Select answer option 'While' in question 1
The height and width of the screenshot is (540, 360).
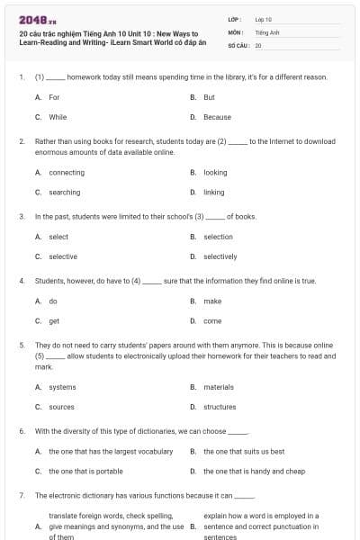58,117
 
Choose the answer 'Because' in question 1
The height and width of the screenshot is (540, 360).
217,117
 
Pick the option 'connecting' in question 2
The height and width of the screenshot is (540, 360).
67,173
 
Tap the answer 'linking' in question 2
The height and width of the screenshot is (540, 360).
214,192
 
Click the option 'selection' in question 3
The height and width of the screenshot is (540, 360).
218,237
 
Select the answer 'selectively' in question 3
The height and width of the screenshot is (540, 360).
220,256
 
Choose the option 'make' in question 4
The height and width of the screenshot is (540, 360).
212,301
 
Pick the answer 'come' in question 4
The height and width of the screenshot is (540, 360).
212,320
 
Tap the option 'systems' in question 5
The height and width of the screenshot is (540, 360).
62,387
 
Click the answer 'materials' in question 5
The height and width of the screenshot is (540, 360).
219,387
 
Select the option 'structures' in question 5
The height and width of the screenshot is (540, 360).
220,407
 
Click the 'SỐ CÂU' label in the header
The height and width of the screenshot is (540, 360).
238,44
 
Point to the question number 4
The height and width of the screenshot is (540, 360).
22,281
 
